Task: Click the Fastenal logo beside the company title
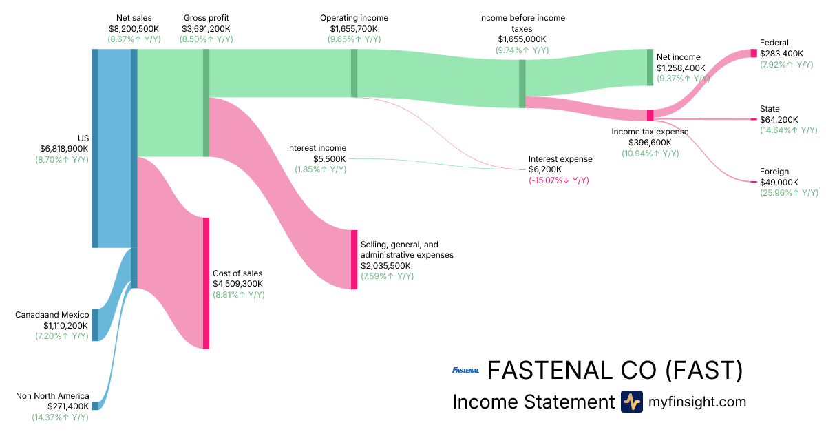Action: coord(465,371)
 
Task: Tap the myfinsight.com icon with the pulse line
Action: coord(631,402)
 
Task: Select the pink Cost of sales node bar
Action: coord(206,283)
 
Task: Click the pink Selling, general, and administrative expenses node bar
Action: coord(354,260)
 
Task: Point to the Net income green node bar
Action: coord(650,67)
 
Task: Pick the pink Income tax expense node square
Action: coord(650,115)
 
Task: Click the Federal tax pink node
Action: coord(754,53)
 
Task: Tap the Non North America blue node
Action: coord(95,406)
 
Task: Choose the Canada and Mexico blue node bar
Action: coord(95,324)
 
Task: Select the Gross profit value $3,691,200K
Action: coord(206,28)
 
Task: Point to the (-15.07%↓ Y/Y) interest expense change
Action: coord(558,180)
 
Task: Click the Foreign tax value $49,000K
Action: coord(779,182)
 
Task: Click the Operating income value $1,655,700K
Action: coord(354,28)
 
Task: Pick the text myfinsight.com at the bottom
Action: coord(697,402)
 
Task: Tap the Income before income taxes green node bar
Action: coord(522,84)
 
